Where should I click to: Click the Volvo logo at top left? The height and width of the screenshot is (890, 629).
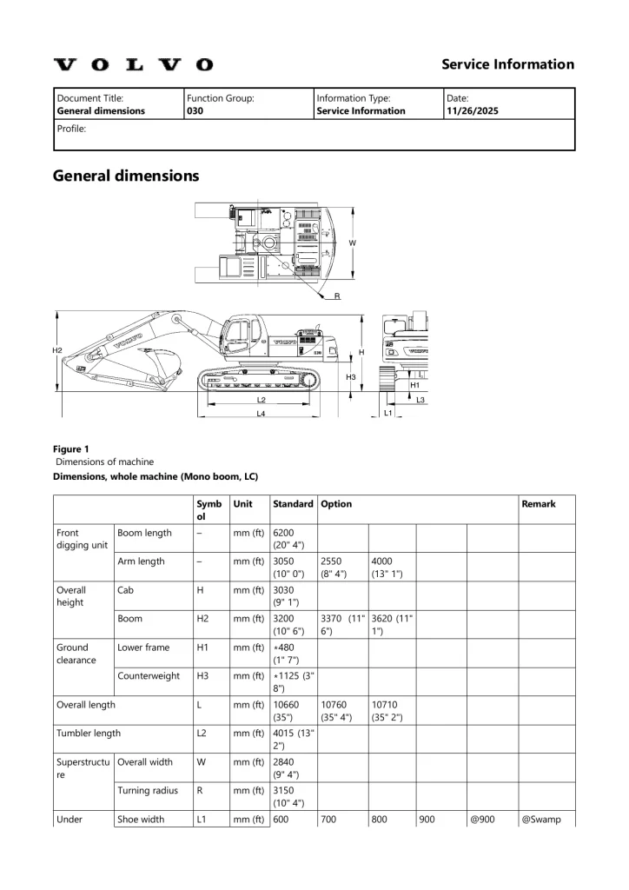pyautogui.click(x=133, y=64)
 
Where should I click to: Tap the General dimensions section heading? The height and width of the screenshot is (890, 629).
pyautogui.click(x=126, y=176)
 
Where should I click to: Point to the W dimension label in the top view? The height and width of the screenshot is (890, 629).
pyautogui.click(x=352, y=243)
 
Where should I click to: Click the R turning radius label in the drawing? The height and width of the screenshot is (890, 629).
pyautogui.click(x=337, y=297)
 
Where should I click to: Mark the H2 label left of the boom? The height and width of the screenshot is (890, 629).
pyautogui.click(x=57, y=350)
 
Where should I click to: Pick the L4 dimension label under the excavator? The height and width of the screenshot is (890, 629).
pyautogui.click(x=261, y=414)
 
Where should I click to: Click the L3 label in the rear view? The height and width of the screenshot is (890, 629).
pyautogui.click(x=420, y=400)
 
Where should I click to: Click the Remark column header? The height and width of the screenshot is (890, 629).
pyautogui.click(x=539, y=503)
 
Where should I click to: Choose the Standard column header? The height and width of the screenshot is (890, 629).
pyautogui.click(x=293, y=503)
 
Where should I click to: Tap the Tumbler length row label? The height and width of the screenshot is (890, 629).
pyautogui.click(x=89, y=733)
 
